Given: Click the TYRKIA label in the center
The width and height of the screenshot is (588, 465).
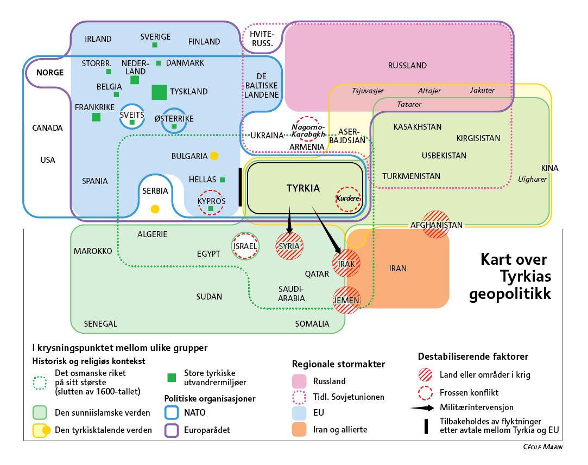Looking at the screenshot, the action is [x=303, y=188].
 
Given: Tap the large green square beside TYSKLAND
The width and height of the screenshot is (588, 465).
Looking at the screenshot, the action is [x=159, y=92].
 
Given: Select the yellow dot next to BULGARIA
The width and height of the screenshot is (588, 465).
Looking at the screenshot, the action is [x=214, y=156].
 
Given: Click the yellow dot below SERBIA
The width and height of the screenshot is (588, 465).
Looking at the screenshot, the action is [x=155, y=209].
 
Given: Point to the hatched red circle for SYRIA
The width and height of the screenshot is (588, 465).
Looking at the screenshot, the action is [x=289, y=246].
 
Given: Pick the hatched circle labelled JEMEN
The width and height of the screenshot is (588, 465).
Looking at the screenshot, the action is [x=346, y=300].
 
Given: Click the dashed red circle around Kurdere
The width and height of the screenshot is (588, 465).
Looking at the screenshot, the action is [x=348, y=187].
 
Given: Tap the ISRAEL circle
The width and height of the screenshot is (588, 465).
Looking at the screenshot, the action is [x=245, y=233].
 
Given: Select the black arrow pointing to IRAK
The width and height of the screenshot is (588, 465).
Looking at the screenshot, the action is [x=326, y=230].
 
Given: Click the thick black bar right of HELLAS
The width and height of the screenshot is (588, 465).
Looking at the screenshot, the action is [x=241, y=187].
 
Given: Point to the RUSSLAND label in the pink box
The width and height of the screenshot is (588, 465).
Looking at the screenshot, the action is [x=407, y=66].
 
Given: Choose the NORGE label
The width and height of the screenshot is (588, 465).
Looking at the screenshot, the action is [x=50, y=73].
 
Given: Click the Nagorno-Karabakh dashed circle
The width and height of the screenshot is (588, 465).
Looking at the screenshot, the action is [x=307, y=117].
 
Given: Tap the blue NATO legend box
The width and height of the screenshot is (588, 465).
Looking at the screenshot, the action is [x=172, y=412].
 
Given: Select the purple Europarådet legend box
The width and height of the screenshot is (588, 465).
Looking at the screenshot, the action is [x=172, y=430].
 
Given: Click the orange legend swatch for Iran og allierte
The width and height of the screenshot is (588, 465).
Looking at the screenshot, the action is [x=299, y=429].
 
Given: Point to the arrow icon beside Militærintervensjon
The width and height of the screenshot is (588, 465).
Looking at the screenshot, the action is [x=422, y=407].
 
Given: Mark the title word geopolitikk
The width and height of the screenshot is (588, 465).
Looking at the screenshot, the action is [x=510, y=294].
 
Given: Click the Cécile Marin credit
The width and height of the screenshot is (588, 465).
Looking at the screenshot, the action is [x=542, y=447].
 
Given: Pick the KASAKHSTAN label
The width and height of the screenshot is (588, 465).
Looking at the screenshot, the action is [x=418, y=127].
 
